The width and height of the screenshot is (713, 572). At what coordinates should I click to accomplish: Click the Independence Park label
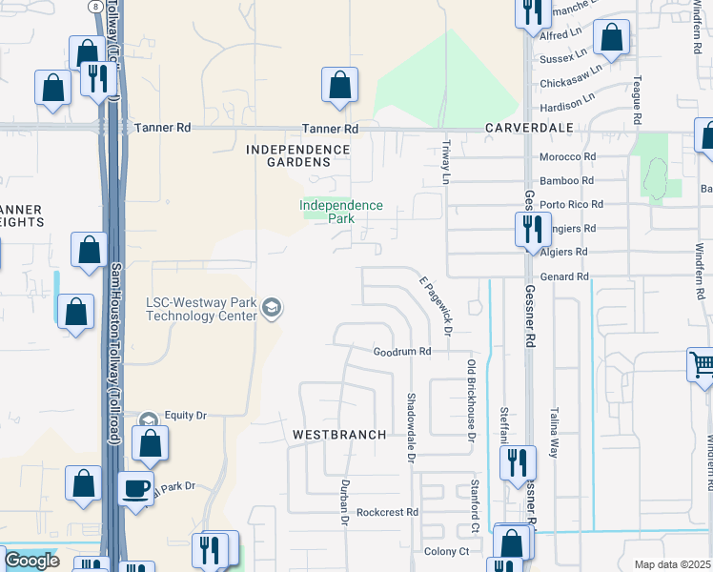pyautogui.click(x=340, y=212)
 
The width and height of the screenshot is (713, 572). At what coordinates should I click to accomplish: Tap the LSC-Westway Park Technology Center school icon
pyautogui.click(x=272, y=307)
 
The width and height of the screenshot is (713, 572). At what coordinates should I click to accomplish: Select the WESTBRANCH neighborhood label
pyautogui.click(x=339, y=435)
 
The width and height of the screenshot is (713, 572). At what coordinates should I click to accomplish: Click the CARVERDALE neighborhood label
pyautogui.click(x=529, y=128)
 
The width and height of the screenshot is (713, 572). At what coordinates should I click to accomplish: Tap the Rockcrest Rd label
pyautogui.click(x=387, y=512)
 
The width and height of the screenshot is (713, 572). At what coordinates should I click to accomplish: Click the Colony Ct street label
pyautogui.click(x=446, y=551)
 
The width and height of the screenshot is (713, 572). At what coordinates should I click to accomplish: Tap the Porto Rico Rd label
pyautogui.click(x=572, y=204)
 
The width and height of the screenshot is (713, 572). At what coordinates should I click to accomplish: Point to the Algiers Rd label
pyautogui.click(x=566, y=253)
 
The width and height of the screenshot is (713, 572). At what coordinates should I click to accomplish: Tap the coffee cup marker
pyautogui.click(x=135, y=487)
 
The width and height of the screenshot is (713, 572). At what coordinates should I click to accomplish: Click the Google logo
pyautogui.click(x=31, y=561)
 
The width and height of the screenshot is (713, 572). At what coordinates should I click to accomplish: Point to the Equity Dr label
pyautogui.click(x=185, y=416)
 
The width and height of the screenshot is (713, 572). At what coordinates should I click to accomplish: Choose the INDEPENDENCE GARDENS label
pyautogui.click(x=298, y=155)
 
